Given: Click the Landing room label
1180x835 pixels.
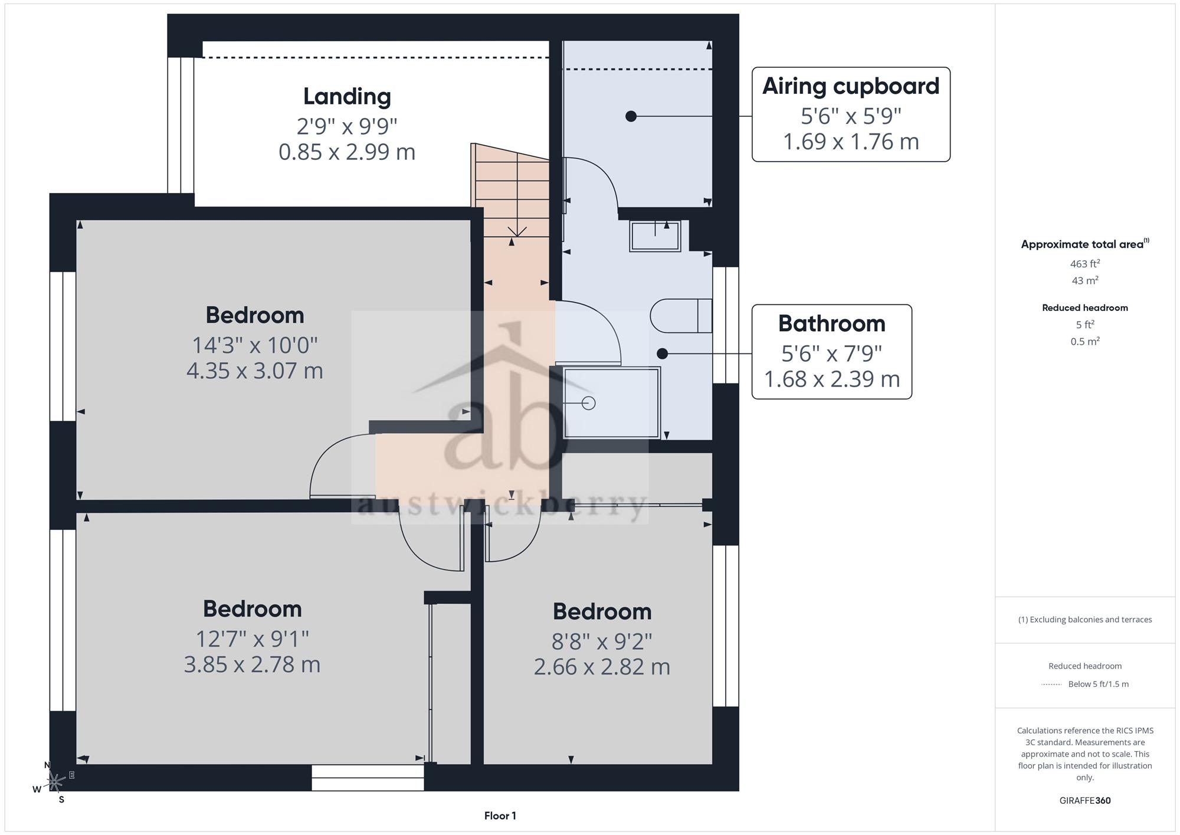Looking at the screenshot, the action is pos(347,97).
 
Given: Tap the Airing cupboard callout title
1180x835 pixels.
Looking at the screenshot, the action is pos(851,86).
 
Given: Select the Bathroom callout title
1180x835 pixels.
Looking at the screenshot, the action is pos(831,323).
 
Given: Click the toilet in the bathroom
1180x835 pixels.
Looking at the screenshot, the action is pos(681,316).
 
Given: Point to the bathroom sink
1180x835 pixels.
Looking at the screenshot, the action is pos(655,236).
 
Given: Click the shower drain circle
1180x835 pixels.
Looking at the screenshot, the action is pos(588,403).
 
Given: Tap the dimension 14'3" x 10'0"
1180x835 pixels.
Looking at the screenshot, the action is pos(255,345).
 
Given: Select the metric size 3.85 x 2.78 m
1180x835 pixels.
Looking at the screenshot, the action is pos(252,664).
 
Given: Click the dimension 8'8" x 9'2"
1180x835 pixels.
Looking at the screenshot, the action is pos(602,641).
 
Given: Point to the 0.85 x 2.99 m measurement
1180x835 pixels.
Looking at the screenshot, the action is pos(347,152).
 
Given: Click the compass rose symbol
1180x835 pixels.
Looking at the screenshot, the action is pos(54,782).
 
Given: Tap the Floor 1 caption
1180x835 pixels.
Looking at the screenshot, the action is pos(500,816).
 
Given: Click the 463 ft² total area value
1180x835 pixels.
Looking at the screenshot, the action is pos(1085,264).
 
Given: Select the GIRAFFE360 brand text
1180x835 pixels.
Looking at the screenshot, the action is pos(1085,801).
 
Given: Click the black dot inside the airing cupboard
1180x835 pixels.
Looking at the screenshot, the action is pos(631,116).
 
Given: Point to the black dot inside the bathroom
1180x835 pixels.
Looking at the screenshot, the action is pos(662,353).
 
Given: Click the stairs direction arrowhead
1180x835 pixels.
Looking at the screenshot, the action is pos(517,232).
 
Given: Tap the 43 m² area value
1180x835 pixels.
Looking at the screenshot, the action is pos(1085,281).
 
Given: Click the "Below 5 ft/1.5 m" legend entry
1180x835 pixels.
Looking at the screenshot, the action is pos(1098,684).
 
